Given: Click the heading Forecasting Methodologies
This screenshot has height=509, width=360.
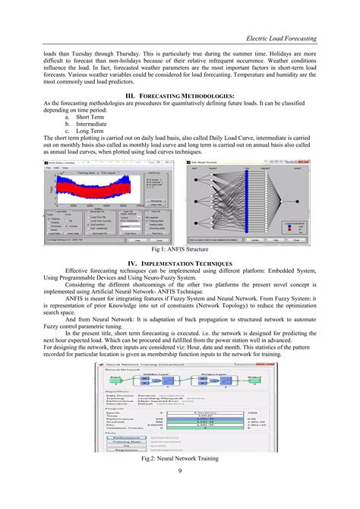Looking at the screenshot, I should pos(180,96).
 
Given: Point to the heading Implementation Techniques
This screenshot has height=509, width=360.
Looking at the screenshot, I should pos(180,262).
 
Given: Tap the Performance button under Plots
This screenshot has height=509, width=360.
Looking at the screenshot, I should pos(126,438).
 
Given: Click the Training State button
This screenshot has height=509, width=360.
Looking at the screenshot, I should pos(126,444).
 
